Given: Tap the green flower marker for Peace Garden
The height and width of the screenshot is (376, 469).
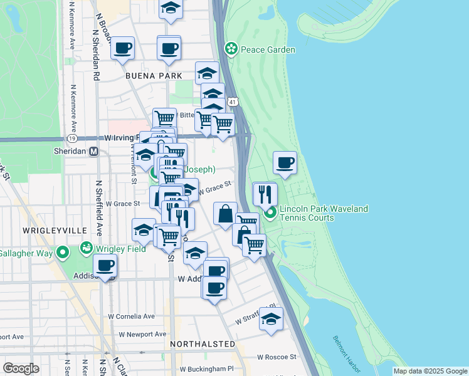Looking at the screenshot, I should click(x=231, y=48).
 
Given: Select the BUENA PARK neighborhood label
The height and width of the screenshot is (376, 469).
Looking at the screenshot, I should click(x=154, y=76).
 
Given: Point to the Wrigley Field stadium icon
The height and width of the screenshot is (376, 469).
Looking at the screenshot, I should click(x=86, y=249).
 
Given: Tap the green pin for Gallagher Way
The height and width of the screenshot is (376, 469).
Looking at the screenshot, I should click(x=62, y=253).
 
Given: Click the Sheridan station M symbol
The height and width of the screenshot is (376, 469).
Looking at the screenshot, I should click(x=94, y=151).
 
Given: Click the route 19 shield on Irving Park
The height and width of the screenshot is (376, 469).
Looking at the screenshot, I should click(x=73, y=138).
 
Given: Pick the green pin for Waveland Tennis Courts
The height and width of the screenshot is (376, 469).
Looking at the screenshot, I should click(x=270, y=213).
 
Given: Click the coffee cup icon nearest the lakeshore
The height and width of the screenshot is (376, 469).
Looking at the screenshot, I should click(x=285, y=164).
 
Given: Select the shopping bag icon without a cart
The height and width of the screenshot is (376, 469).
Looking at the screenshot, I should click(x=225, y=214).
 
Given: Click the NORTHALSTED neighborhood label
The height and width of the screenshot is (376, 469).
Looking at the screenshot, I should click(x=203, y=344).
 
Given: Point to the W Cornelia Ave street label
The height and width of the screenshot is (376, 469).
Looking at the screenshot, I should click(x=131, y=316).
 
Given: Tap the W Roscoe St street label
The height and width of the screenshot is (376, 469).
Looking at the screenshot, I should click(x=277, y=357).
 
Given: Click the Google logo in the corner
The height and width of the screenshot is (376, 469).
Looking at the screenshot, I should click(x=21, y=368).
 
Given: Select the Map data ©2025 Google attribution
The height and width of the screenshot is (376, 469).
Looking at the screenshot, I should click(x=429, y=371).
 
